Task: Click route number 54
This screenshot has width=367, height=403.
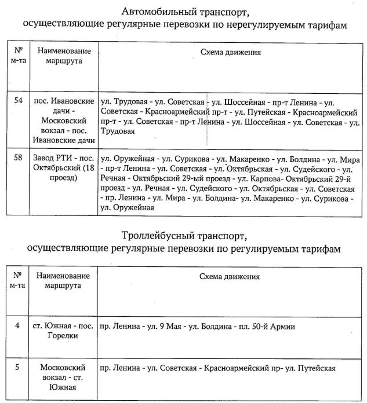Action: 19,100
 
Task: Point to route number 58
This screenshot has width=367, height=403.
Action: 19,156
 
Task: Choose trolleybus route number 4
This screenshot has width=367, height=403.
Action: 17,325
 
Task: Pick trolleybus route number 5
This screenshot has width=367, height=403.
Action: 17,367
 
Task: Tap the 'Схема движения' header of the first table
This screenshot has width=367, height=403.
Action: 230,52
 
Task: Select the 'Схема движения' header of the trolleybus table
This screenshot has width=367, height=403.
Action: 230,277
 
